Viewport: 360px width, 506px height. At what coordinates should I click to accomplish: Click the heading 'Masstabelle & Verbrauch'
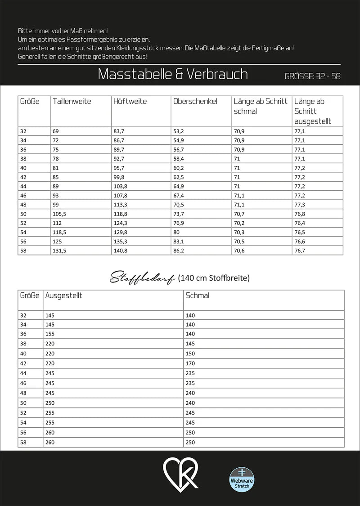tap(173, 74)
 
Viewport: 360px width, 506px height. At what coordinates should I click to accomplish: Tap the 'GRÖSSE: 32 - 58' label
tap(312, 76)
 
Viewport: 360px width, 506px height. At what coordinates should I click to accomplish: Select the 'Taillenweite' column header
tap(72, 102)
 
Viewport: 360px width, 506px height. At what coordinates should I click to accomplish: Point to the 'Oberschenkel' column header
tap(195, 102)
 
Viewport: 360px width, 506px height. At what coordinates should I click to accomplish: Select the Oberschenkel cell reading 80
tap(177, 232)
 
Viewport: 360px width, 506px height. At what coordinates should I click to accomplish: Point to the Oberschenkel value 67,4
tap(179, 195)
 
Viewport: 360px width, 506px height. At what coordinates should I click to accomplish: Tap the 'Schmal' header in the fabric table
tap(197, 296)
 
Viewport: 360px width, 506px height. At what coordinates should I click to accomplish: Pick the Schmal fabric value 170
tap(190, 362)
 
